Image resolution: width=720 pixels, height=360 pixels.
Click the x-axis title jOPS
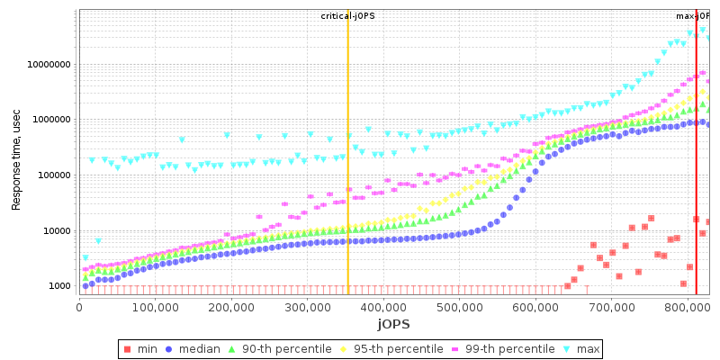pyautogui.click(x=393, y=323)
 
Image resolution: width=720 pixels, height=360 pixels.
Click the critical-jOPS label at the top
pyautogui.click(x=348, y=16)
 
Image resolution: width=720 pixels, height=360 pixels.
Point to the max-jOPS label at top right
pyautogui.click(x=693, y=16)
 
